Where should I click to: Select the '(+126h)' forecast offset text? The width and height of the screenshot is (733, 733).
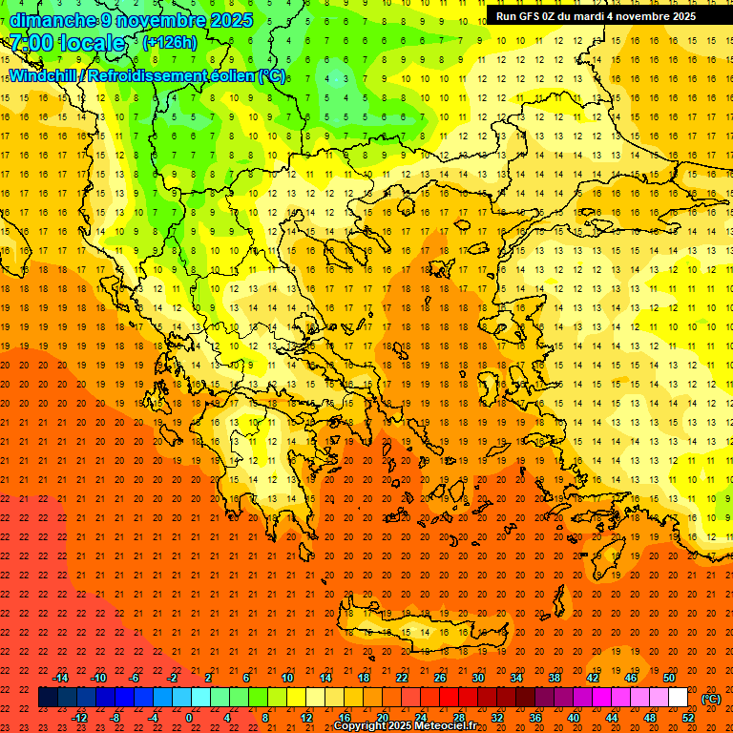click(169, 43)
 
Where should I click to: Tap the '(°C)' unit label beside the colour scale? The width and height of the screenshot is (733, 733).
click(711, 699)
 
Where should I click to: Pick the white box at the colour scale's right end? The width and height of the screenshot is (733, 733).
click(679, 698)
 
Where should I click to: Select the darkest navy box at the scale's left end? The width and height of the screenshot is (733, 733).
click(48, 698)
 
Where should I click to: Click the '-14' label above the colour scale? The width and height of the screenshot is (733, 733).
click(60, 678)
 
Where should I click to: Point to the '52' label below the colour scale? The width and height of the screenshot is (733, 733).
click(688, 718)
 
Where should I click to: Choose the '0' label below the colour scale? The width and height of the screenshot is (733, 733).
click(189, 718)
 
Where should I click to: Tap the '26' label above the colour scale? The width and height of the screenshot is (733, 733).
click(440, 678)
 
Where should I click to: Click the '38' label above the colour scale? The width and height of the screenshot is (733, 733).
click(555, 678)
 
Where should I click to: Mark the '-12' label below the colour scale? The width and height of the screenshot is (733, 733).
click(79, 718)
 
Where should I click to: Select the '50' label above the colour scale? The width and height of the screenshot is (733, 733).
click(669, 678)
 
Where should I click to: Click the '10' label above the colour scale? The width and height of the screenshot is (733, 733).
click(287, 678)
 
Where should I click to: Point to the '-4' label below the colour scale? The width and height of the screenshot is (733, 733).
click(153, 718)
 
